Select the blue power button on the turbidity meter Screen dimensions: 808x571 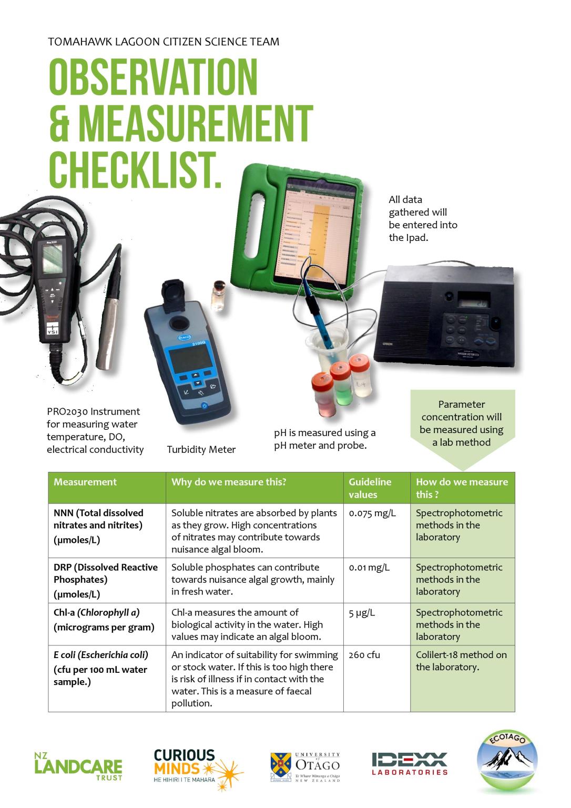[205, 406]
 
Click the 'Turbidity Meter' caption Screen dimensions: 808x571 [201, 449]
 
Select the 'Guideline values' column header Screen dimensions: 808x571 [370, 488]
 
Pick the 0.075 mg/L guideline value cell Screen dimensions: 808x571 [373, 513]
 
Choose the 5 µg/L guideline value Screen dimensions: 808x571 [362, 612]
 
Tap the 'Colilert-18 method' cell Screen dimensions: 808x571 [461, 661]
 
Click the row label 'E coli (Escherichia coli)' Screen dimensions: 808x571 [101, 655]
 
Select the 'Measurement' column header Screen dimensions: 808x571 [85, 482]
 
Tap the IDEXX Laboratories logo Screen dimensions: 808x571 [410, 763]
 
